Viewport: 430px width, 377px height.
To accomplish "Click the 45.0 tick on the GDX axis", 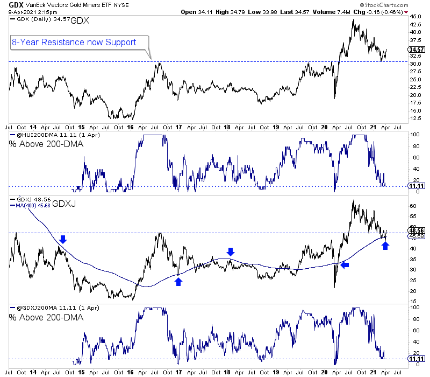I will pyautogui.click(x=414, y=17).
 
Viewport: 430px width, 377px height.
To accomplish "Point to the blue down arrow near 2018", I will pyautogui.click(x=231, y=252).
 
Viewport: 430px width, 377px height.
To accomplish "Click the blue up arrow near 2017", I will pyautogui.click(x=178, y=281).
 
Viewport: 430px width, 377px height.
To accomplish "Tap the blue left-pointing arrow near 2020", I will pyautogui.click(x=345, y=264).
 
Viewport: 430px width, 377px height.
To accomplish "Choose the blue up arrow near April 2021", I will pyautogui.click(x=385, y=246).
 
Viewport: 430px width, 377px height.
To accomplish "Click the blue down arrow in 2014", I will pyautogui.click(x=63, y=239).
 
